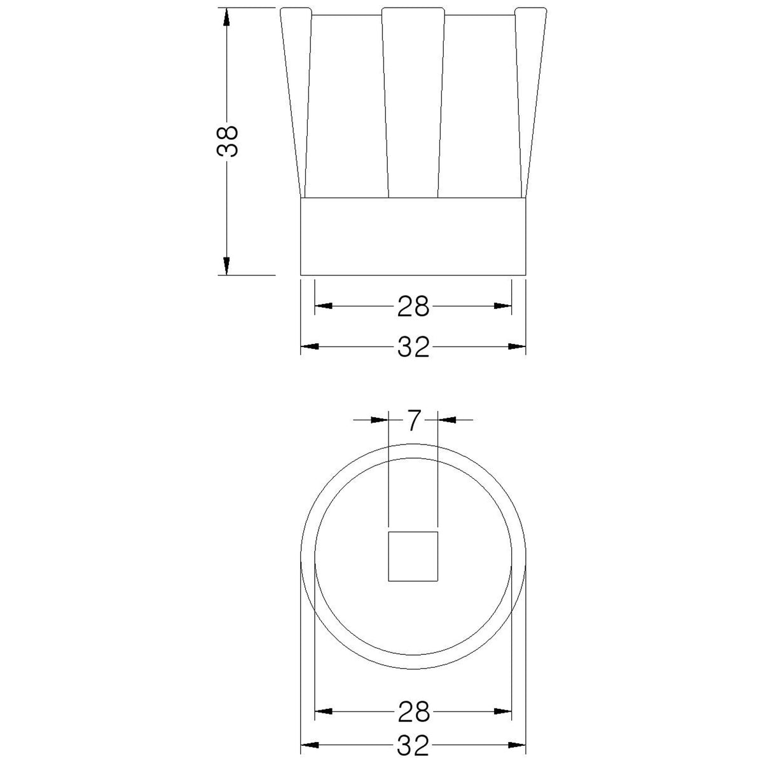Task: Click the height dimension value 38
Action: coord(227,141)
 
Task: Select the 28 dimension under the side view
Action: coord(413,306)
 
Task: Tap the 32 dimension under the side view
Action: coord(413,347)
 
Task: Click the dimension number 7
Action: coord(413,420)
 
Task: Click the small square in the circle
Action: coord(413,557)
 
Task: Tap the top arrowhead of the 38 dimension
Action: coord(226,17)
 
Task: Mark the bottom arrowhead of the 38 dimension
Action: coord(226,265)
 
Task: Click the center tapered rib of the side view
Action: coord(413,102)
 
